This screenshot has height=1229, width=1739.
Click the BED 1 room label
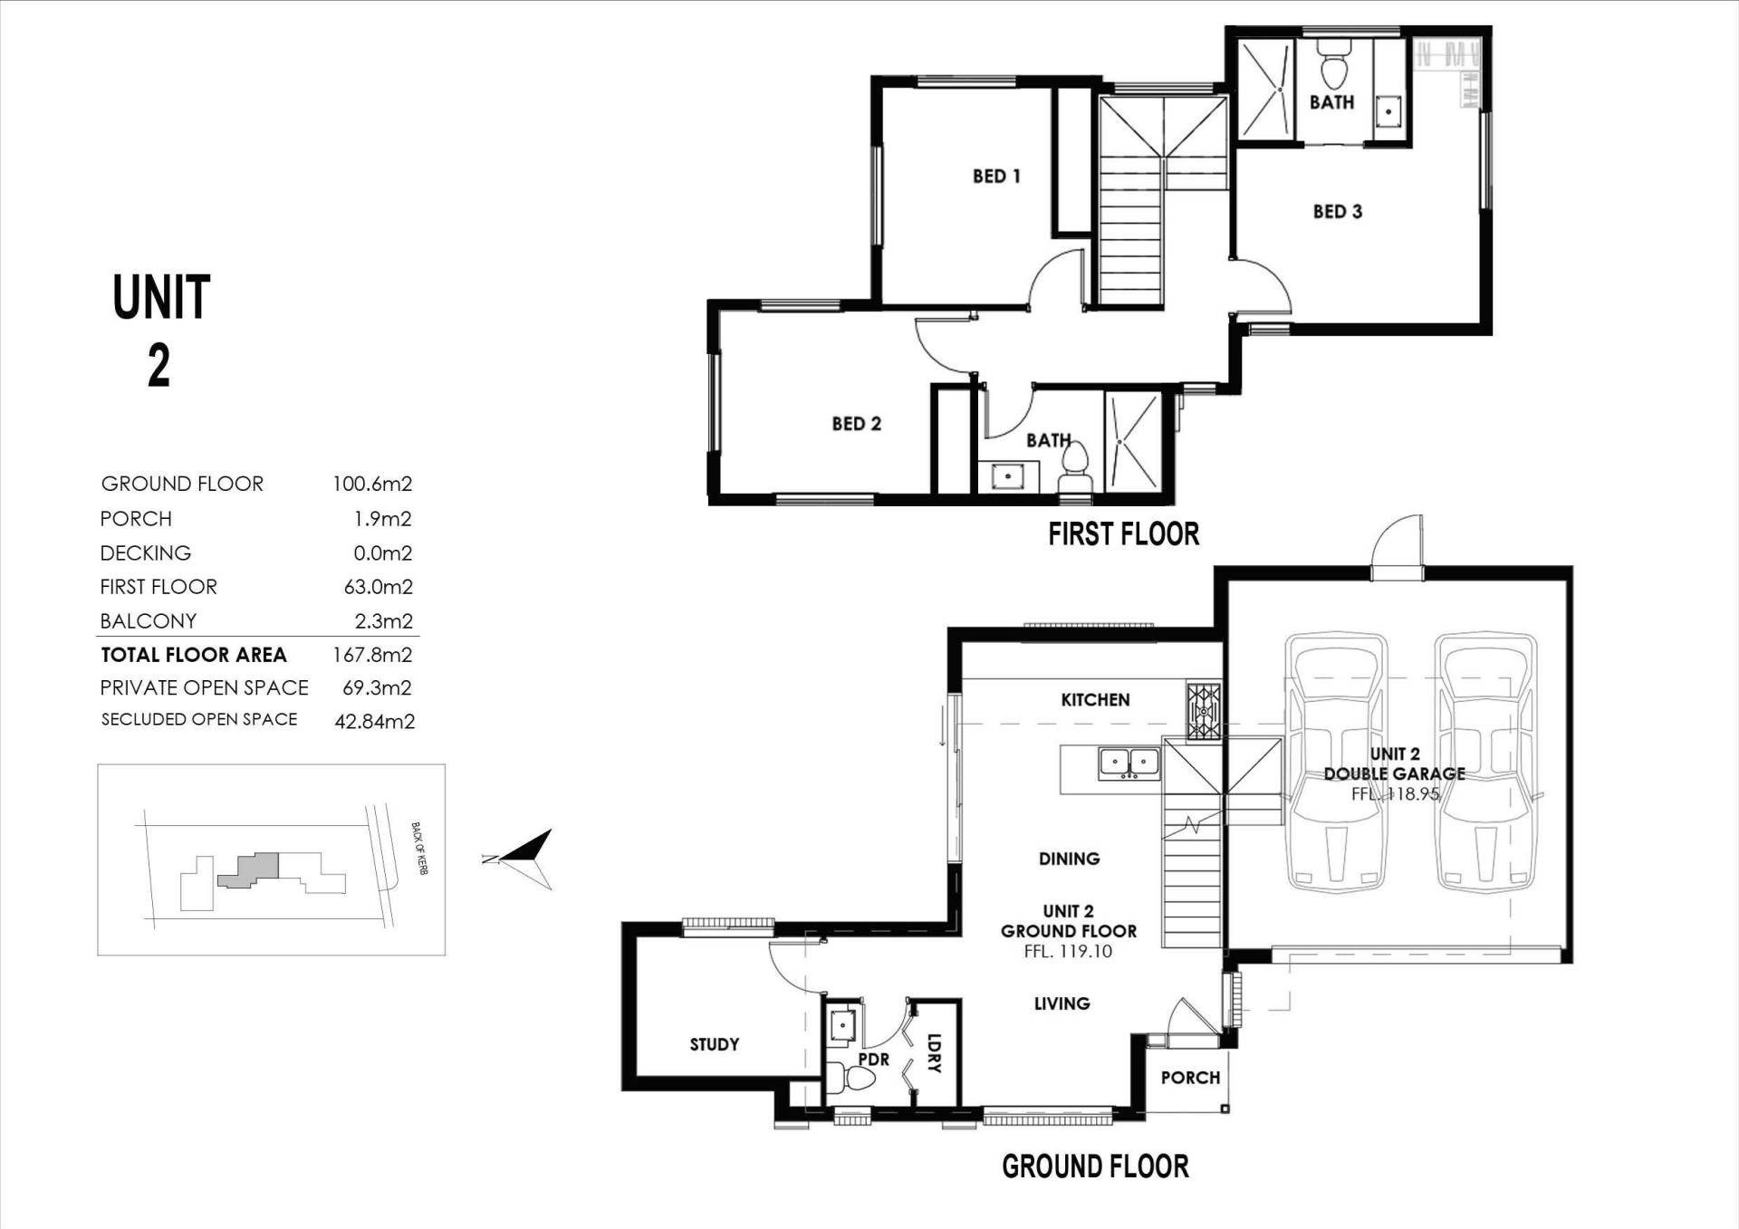click(996, 176)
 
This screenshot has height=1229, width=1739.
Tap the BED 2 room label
click(856, 424)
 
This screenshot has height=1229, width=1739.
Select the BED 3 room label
click(1337, 212)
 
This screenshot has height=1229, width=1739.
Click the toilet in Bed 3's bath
click(1333, 61)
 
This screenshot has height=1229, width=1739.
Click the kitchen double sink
click(1129, 763)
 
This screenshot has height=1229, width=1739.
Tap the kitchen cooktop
click(1203, 711)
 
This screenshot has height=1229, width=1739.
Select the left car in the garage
click(1336, 762)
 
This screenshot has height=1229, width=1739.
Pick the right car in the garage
click(1485, 762)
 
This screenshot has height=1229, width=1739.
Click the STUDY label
click(714, 1044)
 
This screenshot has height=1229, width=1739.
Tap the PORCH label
click(1190, 1078)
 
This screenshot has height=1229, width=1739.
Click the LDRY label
click(935, 1052)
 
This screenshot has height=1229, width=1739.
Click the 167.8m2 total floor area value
click(372, 655)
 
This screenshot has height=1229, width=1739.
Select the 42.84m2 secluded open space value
click(375, 722)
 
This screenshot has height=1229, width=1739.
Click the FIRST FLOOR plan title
click(1123, 534)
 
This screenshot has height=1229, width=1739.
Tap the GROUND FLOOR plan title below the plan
click(1095, 1167)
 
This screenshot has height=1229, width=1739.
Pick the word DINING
click(1069, 859)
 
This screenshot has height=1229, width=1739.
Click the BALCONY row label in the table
click(148, 621)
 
